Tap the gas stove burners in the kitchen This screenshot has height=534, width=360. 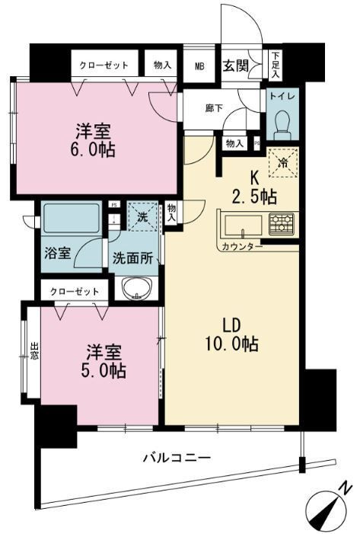coord(282,224)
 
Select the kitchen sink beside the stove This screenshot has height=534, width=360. coord(244,225)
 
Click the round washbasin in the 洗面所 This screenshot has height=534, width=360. coord(137,289)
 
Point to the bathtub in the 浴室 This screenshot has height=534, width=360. coord(71,218)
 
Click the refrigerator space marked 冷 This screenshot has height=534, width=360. coord(283,163)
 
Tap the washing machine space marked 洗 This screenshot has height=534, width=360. coord(142,216)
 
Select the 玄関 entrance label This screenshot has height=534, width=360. coord(235,66)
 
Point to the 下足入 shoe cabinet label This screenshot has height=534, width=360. coord(276,66)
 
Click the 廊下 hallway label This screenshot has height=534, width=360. coord(214,108)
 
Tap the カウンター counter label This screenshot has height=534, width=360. coord(242,247)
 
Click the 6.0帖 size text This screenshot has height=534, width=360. coord(93,149)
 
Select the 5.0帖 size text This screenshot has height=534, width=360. coord(104,370)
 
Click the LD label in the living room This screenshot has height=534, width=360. coord(231,325)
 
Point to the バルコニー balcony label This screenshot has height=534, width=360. coord(177,457)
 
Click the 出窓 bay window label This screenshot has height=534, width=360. coord(34,351)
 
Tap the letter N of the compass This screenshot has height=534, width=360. coord(346,489)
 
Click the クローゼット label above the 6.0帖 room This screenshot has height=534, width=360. coord(104,65)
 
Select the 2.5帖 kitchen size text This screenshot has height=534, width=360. coord(254,197)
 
